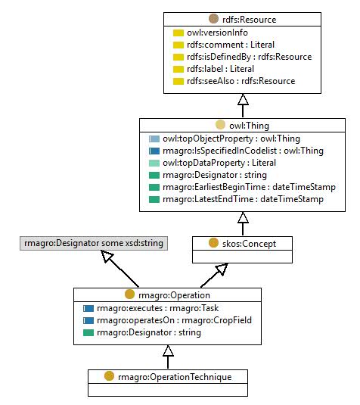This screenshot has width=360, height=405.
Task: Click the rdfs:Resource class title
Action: pos(250,20)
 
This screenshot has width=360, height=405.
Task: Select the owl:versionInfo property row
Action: pos(217,33)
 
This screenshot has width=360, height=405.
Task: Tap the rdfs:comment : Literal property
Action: pos(231,45)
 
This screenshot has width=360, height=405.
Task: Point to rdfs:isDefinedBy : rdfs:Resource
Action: pos(250,57)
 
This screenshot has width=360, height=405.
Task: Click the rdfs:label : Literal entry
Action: pos(220,69)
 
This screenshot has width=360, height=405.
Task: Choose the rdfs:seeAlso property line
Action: pos(241,81)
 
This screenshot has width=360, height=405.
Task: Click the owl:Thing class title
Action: pos(249,126)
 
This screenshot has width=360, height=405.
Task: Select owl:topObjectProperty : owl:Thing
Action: pos(231,139)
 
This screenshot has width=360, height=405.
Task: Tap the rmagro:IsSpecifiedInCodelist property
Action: pos(243,151)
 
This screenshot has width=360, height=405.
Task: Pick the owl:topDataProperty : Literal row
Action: pos(219,163)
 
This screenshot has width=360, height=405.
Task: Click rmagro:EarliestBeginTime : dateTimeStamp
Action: pos(249,187)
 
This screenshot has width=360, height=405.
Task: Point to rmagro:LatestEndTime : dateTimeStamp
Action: pos(243,199)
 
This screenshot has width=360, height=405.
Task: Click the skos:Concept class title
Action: pos(249,244)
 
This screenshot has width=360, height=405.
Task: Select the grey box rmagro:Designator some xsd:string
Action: pos(94,243)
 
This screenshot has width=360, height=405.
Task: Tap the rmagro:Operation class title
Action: pos(174,295)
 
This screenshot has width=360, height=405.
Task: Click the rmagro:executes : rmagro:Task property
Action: pos(157,308)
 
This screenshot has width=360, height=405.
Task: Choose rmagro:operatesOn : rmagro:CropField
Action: pos(174,320)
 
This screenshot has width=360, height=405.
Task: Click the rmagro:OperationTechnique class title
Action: pos(175,377)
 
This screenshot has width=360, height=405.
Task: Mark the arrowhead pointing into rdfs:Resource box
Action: pos(243,99)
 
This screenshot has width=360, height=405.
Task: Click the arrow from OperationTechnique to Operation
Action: pos(168,357)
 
